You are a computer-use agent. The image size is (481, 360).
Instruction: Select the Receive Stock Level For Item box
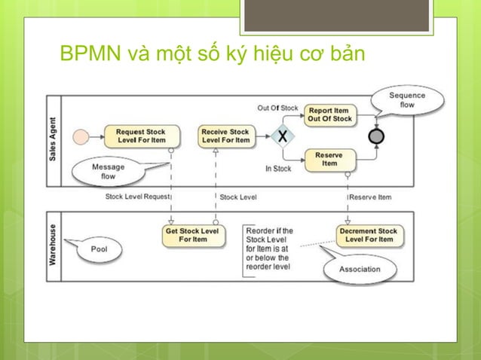(225, 136)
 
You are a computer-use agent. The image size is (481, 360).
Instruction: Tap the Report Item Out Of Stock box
(329, 115)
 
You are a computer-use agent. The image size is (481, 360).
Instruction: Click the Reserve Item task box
(329, 159)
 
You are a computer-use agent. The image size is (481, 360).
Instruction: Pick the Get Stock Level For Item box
(192, 235)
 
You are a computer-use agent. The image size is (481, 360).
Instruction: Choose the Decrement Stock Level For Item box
(369, 235)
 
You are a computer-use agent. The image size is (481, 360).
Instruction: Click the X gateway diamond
(283, 137)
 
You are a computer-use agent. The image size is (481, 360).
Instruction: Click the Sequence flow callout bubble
(407, 100)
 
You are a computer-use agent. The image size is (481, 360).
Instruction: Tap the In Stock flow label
(278, 169)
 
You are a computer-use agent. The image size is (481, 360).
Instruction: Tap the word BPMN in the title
(84, 55)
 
